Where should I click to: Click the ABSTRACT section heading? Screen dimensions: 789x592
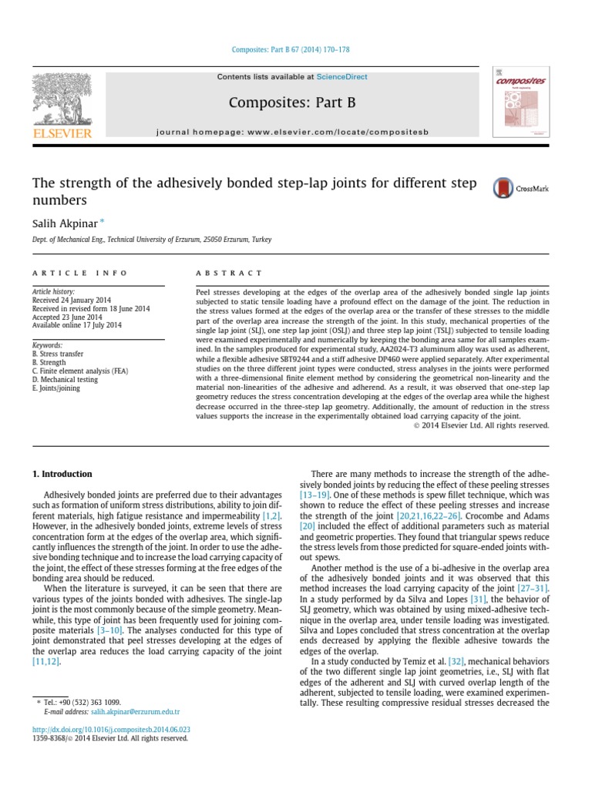pyautogui.click(x=230, y=273)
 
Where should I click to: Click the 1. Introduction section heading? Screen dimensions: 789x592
pyautogui.click(x=61, y=474)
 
